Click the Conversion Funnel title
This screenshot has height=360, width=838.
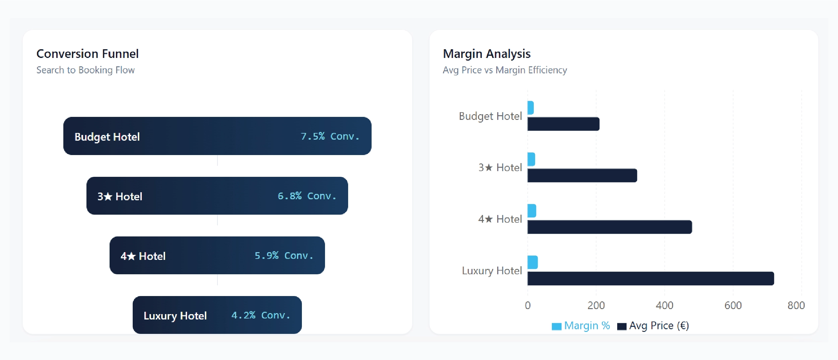tap(87, 54)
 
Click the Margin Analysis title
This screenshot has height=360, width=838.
tap(487, 54)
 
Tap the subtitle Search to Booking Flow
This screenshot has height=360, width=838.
tap(85, 70)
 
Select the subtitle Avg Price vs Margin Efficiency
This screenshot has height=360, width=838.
tap(505, 70)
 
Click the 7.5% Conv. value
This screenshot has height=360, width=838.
tap(330, 136)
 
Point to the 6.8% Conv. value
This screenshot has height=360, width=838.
tap(307, 196)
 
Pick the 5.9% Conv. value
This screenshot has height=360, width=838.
tap(283, 256)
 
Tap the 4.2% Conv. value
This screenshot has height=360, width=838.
tap(260, 315)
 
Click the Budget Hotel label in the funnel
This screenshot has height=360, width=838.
tap(107, 137)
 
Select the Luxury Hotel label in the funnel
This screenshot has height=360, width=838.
tap(175, 315)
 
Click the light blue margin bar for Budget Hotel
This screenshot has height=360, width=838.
tap(530, 108)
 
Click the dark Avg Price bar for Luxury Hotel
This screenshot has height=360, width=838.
tap(650, 279)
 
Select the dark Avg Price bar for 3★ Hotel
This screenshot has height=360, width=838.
tap(582, 175)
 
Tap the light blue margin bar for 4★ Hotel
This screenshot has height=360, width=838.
tap(532, 211)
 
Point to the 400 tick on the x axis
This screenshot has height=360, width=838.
tap(664, 305)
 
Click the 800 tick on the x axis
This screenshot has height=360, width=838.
tap(796, 305)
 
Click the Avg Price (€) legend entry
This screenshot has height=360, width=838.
tap(653, 326)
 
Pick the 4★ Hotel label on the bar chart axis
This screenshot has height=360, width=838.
tap(500, 219)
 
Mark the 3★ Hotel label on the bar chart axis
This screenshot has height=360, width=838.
tap(500, 167)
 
